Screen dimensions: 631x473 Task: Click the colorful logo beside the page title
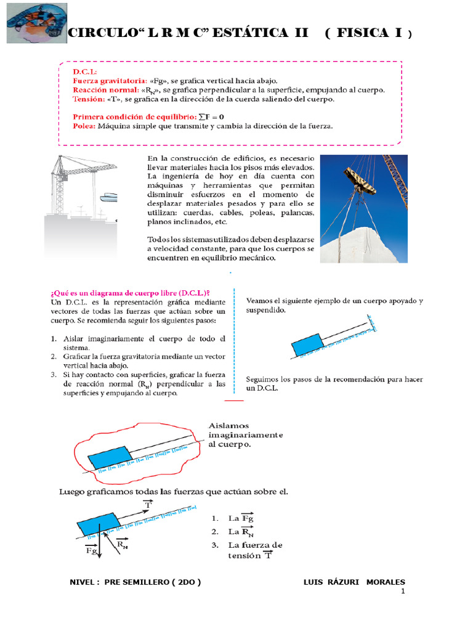coord(36,22)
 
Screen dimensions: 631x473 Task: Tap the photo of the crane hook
coord(363,208)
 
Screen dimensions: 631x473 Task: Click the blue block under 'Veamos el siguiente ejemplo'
coord(307,345)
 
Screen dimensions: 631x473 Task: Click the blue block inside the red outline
coord(108,458)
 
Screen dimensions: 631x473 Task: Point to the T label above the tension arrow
coord(147,505)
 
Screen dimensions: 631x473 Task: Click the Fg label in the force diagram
coord(91,550)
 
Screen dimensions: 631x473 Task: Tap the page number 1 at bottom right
coord(402,592)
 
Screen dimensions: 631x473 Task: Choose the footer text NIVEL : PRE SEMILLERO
coord(135,582)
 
